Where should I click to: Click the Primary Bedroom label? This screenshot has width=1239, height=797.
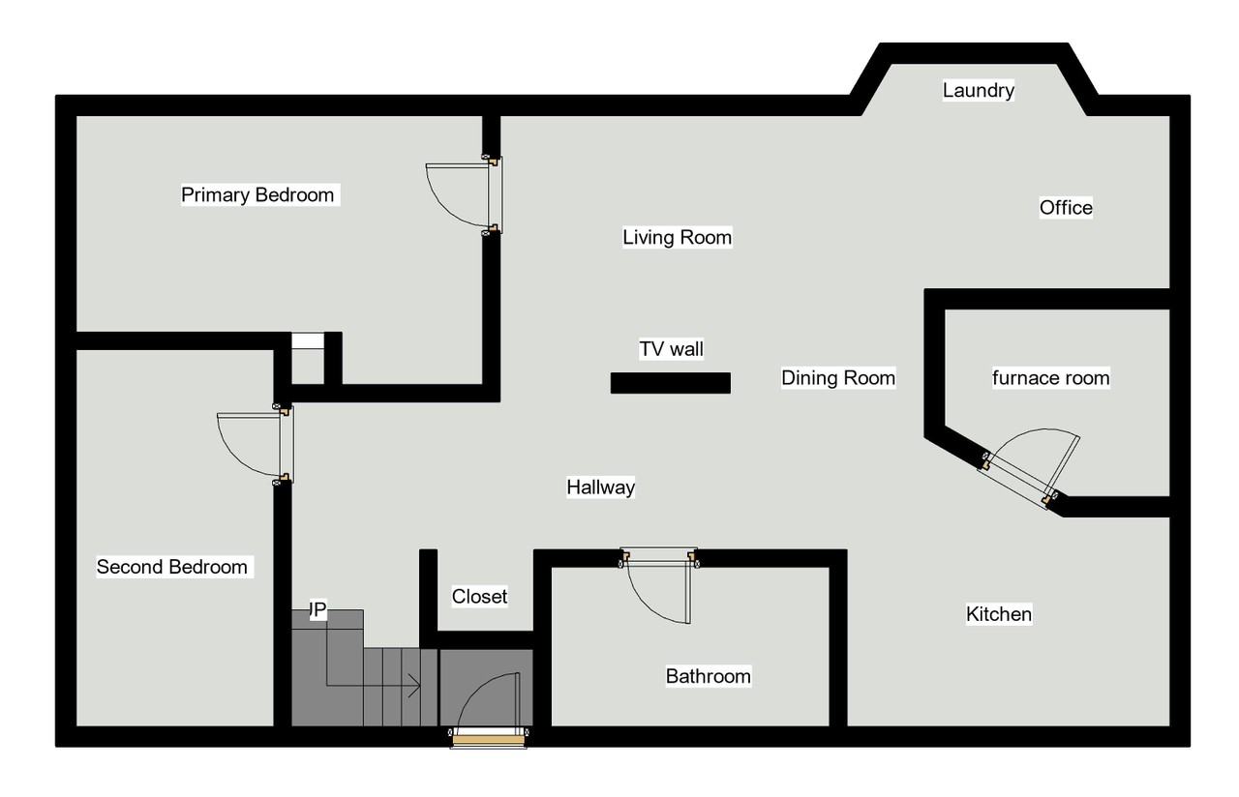point(257,194)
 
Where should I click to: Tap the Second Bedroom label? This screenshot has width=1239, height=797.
point(172,567)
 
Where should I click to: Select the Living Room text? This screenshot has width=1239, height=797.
point(677,237)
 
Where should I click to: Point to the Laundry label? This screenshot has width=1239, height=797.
point(979,90)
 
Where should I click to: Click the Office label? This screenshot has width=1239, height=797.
point(1066,207)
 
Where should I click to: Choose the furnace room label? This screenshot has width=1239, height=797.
point(1050,377)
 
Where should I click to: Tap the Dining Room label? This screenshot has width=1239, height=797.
point(838,377)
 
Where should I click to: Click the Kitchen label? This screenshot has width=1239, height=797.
point(999,613)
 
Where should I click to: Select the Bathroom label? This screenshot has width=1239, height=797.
point(708,675)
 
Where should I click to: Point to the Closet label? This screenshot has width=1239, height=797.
point(479,596)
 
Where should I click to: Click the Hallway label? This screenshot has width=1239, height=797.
point(600,487)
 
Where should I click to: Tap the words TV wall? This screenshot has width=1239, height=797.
point(671,348)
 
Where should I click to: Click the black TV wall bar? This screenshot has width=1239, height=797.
point(670,383)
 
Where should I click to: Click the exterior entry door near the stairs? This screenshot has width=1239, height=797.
point(489,739)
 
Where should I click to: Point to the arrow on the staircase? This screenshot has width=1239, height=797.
point(414,687)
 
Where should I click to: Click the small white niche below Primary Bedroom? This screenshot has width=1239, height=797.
point(308,341)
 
